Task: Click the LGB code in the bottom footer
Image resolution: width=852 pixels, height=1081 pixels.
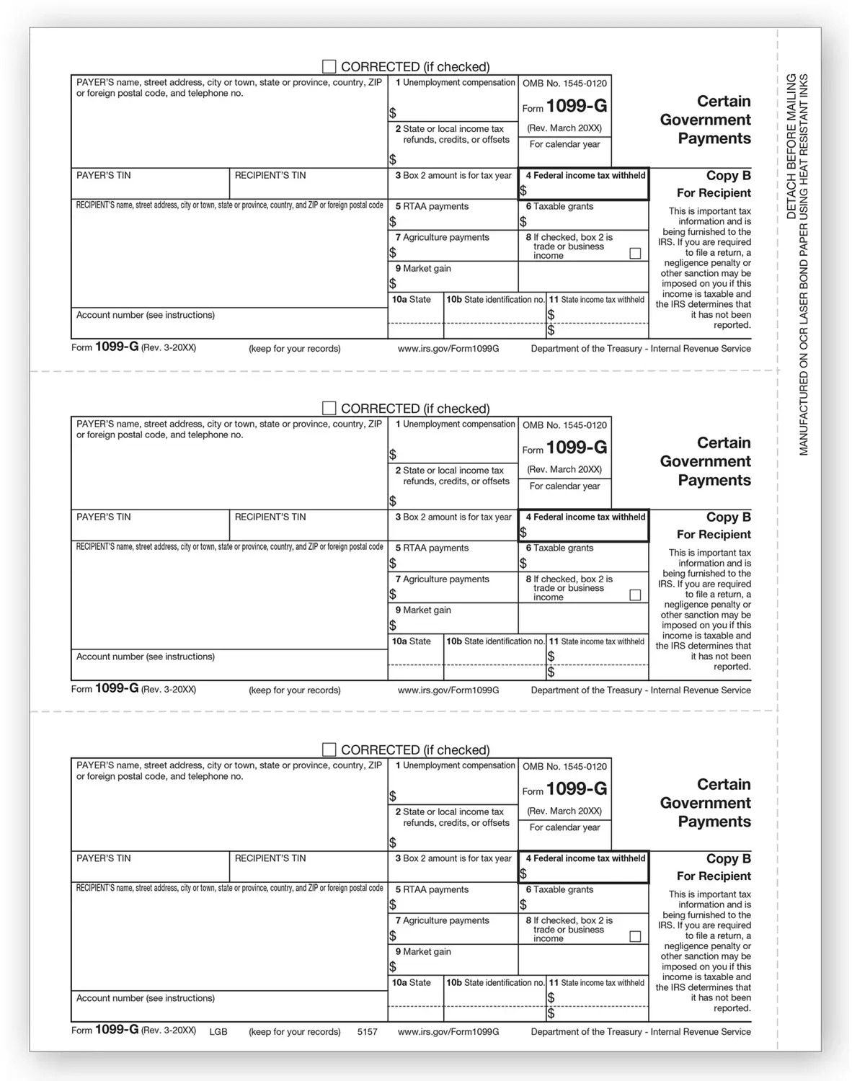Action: (x=218, y=1032)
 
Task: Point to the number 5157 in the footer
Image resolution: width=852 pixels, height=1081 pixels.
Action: (x=367, y=1032)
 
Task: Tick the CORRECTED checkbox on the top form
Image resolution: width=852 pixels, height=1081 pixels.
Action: (x=329, y=67)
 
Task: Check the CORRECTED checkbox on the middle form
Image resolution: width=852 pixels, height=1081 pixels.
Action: (x=329, y=409)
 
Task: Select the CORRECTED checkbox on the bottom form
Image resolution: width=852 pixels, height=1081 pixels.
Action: (x=329, y=750)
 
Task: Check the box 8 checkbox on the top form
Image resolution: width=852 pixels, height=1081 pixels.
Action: (x=635, y=254)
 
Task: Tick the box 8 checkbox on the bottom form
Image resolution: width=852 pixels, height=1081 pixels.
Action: (x=635, y=937)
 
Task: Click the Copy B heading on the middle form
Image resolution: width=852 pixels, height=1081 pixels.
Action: (x=728, y=517)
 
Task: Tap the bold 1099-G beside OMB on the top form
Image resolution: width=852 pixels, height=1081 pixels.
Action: (x=577, y=107)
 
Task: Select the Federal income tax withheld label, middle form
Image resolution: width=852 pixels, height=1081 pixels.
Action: (x=589, y=517)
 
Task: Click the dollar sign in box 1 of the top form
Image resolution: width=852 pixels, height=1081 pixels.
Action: (x=393, y=113)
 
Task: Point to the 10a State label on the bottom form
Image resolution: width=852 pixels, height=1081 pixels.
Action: (x=411, y=983)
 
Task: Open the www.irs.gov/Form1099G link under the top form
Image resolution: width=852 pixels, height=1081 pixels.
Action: (x=448, y=349)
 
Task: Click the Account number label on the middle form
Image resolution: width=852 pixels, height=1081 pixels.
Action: (x=146, y=657)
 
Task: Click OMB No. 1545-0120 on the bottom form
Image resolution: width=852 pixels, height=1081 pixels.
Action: (x=564, y=767)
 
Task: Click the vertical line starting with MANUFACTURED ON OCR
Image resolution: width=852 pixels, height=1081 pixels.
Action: (x=804, y=264)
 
